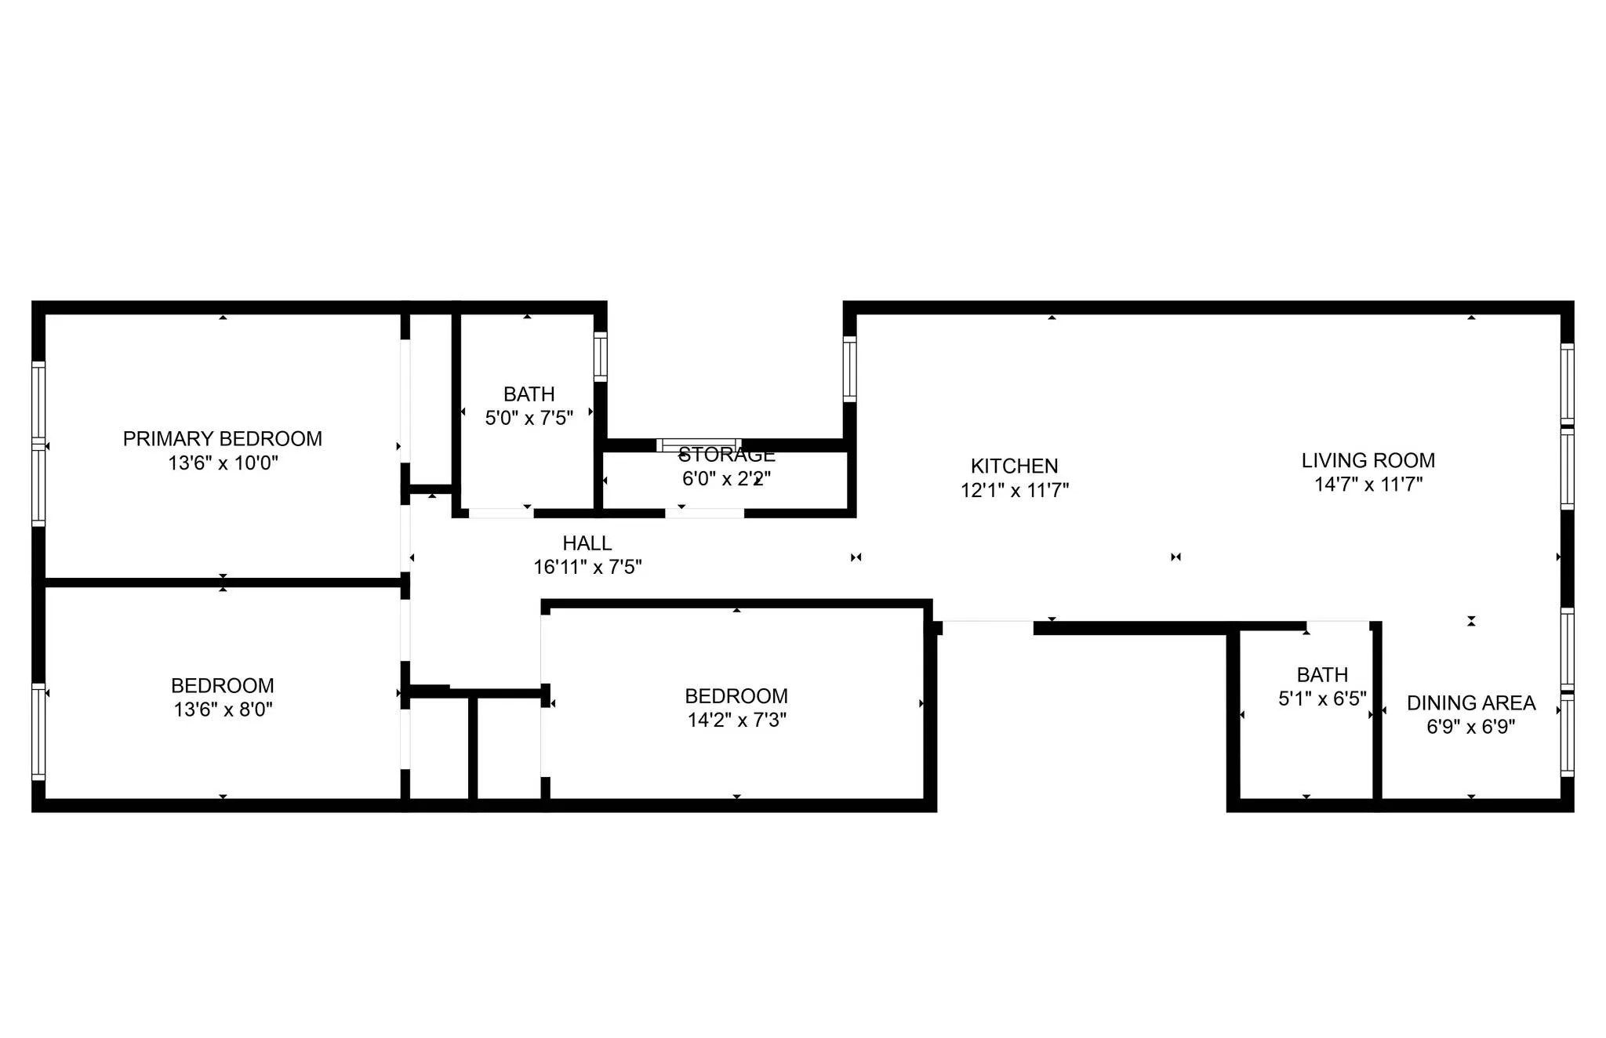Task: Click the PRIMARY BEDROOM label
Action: (x=222, y=439)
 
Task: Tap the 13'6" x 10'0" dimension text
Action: (x=223, y=463)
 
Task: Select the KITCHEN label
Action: (x=1014, y=466)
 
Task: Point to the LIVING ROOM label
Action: (x=1368, y=461)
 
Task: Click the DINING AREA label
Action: (x=1470, y=703)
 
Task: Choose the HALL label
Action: (x=587, y=543)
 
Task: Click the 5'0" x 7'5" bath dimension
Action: (x=529, y=418)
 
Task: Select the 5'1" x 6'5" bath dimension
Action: (x=1322, y=699)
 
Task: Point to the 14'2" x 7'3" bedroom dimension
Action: (x=736, y=720)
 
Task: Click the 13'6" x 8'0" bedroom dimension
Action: (x=223, y=710)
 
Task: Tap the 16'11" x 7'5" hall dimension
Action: (x=587, y=567)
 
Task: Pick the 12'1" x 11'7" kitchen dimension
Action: (x=1014, y=490)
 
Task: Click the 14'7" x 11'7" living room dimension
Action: (x=1368, y=485)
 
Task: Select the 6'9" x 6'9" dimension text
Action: (x=1470, y=727)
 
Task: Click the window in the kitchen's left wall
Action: (x=849, y=368)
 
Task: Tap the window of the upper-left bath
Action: (x=600, y=357)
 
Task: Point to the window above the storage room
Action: (x=698, y=445)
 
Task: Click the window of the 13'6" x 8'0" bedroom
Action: (x=38, y=731)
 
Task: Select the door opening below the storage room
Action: (x=704, y=514)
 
